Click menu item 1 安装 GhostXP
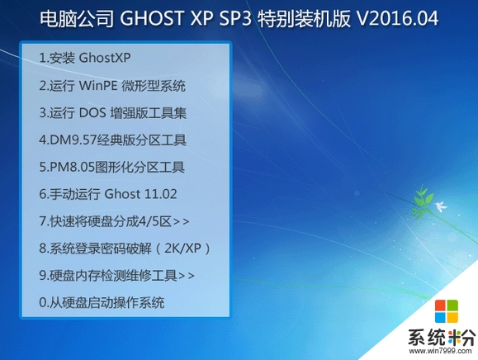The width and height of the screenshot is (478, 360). pos(85,58)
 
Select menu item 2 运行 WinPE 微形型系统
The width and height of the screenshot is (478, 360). pos(112,85)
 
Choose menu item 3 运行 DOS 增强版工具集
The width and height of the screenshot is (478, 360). pos(112,112)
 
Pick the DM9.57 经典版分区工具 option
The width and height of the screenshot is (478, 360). pos(112,140)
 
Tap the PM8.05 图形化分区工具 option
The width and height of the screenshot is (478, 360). pos(112,167)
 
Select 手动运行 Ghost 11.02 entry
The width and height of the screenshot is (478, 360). pos(108,194)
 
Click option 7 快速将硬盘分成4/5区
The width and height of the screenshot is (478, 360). pos(114,221)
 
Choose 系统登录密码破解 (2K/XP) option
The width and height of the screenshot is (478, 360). pos(125,249)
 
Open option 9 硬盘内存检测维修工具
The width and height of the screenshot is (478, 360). pos(116,275)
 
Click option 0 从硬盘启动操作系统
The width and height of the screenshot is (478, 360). pos(102,302)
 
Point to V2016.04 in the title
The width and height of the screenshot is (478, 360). pos(397,17)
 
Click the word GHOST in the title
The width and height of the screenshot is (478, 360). pos(151,17)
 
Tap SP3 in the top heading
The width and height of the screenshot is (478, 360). pos(235,17)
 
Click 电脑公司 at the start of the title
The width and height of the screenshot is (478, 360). pos(77,18)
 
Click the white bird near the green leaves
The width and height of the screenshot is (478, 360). pos(441,206)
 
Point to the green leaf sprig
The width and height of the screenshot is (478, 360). pos(422,201)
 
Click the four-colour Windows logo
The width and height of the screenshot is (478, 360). pos(447,311)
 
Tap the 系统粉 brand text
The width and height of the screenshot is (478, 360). pos(442,338)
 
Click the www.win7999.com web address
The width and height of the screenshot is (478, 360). pos(440,351)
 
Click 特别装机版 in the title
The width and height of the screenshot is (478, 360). pos(304,18)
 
